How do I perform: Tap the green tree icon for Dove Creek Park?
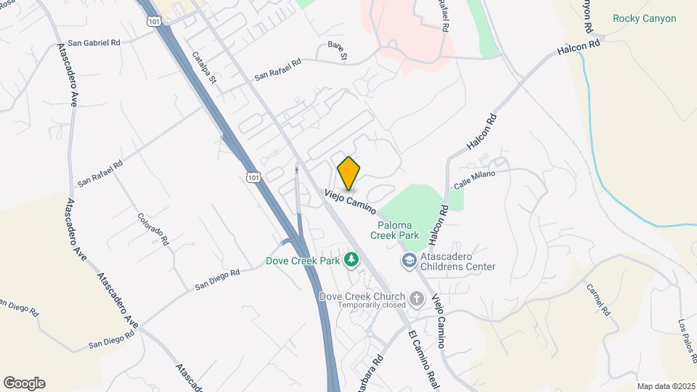coord(351,258)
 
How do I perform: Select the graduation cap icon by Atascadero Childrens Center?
coord(409,259)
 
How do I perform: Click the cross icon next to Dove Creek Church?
coord(417,298)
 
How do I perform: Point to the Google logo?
coord(24,383)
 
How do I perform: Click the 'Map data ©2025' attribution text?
coord(666,386)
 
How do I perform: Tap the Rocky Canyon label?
coord(644,19)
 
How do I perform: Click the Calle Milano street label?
coord(474,179)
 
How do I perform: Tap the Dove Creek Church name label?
coord(363,297)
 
